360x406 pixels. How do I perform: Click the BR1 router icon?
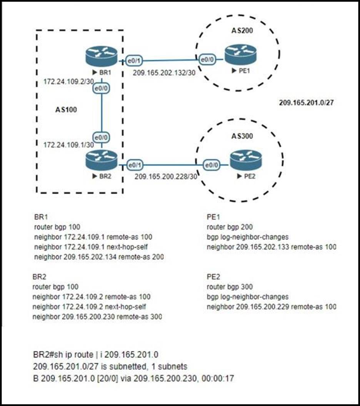pos(101,56)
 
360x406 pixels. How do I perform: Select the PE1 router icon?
pos(240,55)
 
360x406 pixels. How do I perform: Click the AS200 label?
pos(241,30)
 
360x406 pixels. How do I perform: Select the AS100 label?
pos(66,110)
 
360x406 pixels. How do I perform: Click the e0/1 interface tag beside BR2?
pos(133,165)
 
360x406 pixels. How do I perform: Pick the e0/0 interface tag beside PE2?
pos(211,165)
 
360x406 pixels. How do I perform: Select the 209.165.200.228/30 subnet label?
pos(166,177)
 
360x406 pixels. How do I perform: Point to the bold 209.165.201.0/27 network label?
pos(305,103)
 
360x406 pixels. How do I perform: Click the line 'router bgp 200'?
pos(230,227)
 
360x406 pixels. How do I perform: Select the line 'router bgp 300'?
pos(230,287)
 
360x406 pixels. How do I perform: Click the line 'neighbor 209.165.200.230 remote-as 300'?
pos(97,317)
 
